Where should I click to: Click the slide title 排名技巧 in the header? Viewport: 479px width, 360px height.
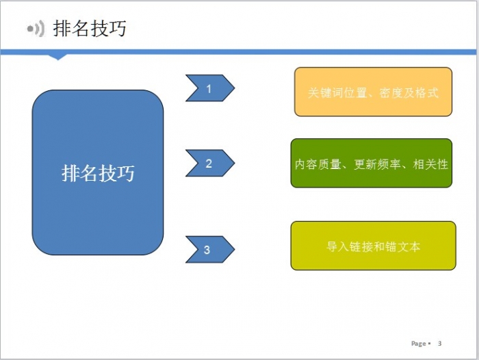pyautogui.click(x=90, y=29)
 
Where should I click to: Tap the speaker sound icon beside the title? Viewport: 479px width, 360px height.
pyautogui.click(x=36, y=29)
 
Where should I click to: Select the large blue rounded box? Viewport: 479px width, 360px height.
pyautogui.click(x=98, y=172)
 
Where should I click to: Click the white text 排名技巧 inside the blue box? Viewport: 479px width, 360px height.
pyautogui.click(x=98, y=173)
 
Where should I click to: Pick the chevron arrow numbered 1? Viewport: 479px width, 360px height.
pyautogui.click(x=210, y=88)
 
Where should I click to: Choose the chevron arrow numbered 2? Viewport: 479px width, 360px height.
pyautogui.click(x=210, y=163)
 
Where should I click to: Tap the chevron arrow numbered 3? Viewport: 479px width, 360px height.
pyautogui.click(x=210, y=249)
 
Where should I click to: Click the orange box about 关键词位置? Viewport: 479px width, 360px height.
pyautogui.click(x=373, y=92)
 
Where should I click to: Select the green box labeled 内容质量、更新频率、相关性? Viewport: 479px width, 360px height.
pyautogui.click(x=372, y=163)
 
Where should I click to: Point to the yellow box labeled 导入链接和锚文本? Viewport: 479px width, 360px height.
pyautogui.click(x=374, y=246)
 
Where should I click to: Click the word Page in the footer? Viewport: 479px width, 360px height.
pyautogui.click(x=419, y=344)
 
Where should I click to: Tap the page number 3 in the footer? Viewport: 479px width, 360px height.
pyautogui.click(x=439, y=343)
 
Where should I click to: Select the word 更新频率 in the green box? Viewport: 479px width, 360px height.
pyautogui.click(x=377, y=164)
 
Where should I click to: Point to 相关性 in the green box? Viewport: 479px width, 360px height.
pyautogui.click(x=430, y=164)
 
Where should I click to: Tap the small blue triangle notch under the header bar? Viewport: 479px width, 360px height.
pyautogui.click(x=57, y=57)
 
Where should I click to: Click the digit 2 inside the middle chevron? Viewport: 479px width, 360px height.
pyautogui.click(x=209, y=164)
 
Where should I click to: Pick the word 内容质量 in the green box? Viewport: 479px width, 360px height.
pyautogui.click(x=318, y=164)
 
